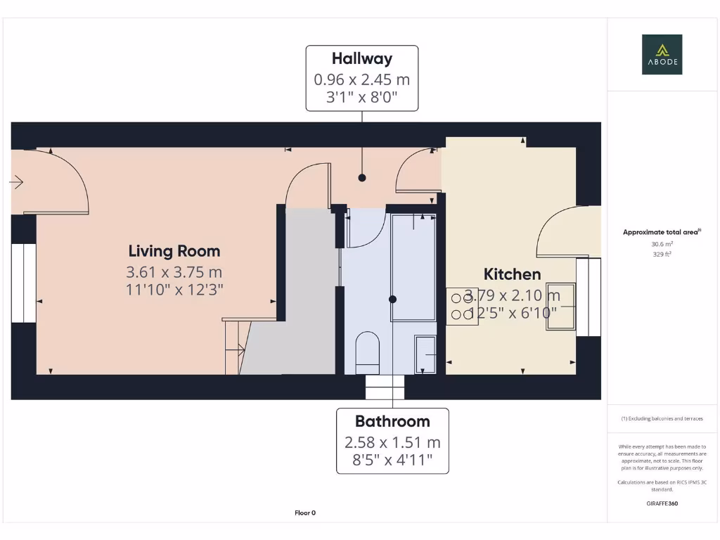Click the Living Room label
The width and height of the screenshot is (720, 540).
click(x=174, y=251)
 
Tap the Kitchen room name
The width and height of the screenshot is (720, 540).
click(x=512, y=274)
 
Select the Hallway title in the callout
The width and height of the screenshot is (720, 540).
click(x=361, y=58)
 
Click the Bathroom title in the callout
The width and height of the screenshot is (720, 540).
click(x=392, y=421)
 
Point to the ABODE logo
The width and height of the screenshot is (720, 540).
click(x=662, y=54)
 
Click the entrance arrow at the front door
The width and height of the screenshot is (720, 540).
click(x=16, y=183)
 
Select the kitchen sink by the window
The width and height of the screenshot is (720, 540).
click(x=564, y=306)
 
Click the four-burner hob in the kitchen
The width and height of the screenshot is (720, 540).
click(x=461, y=308)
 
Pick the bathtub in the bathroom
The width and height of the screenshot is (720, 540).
click(x=413, y=267)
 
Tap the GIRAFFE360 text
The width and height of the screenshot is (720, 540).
click(x=662, y=503)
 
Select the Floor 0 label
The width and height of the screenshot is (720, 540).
click(x=305, y=513)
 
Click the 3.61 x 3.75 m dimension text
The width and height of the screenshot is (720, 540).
click(x=175, y=272)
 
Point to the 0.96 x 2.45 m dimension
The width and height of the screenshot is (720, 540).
click(x=361, y=79)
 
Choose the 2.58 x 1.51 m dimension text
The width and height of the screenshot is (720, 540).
click(x=392, y=442)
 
